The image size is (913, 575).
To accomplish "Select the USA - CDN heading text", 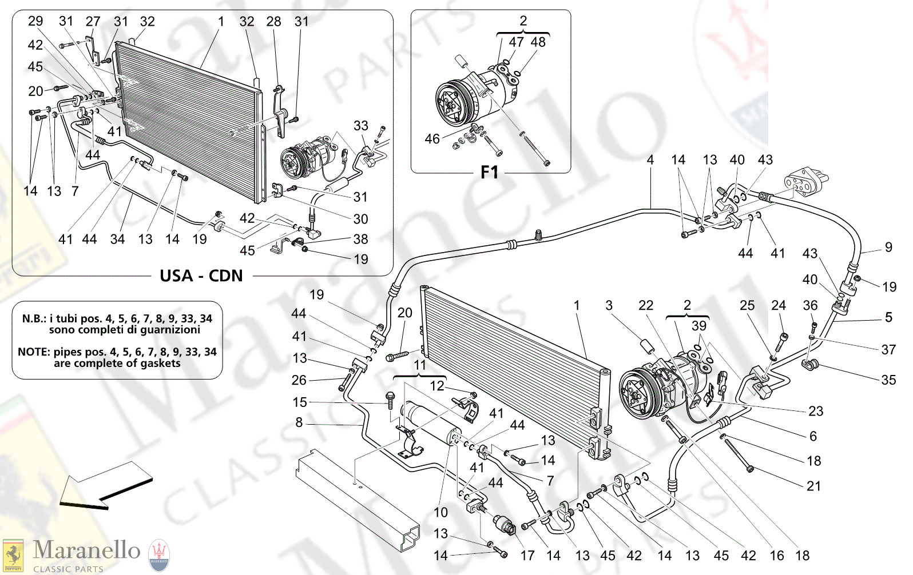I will pyautogui.click(x=201, y=276).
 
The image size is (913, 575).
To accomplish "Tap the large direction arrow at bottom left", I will pyautogui.click(x=106, y=486).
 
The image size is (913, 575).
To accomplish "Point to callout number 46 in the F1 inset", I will pyautogui.click(x=432, y=139).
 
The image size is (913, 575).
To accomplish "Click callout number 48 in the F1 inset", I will pyautogui.click(x=538, y=42).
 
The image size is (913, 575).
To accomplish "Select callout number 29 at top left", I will pyautogui.click(x=35, y=21).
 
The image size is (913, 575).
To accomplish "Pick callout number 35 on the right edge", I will pyautogui.click(x=888, y=380).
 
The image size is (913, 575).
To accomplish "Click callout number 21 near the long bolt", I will pyautogui.click(x=813, y=486).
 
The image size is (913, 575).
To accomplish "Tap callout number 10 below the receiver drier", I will pyautogui.click(x=440, y=512).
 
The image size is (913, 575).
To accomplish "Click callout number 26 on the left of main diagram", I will pyautogui.click(x=299, y=380).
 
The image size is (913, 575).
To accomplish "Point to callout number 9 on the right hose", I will pyautogui.click(x=888, y=247).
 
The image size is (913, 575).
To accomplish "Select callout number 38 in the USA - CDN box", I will pyautogui.click(x=360, y=239).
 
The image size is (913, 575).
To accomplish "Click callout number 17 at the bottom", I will pyautogui.click(x=527, y=555).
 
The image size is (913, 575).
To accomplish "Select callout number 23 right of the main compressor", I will pyautogui.click(x=816, y=410).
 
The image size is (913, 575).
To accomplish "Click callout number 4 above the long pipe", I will pyautogui.click(x=650, y=160).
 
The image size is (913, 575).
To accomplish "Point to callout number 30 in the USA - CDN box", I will pyautogui.click(x=360, y=218).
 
